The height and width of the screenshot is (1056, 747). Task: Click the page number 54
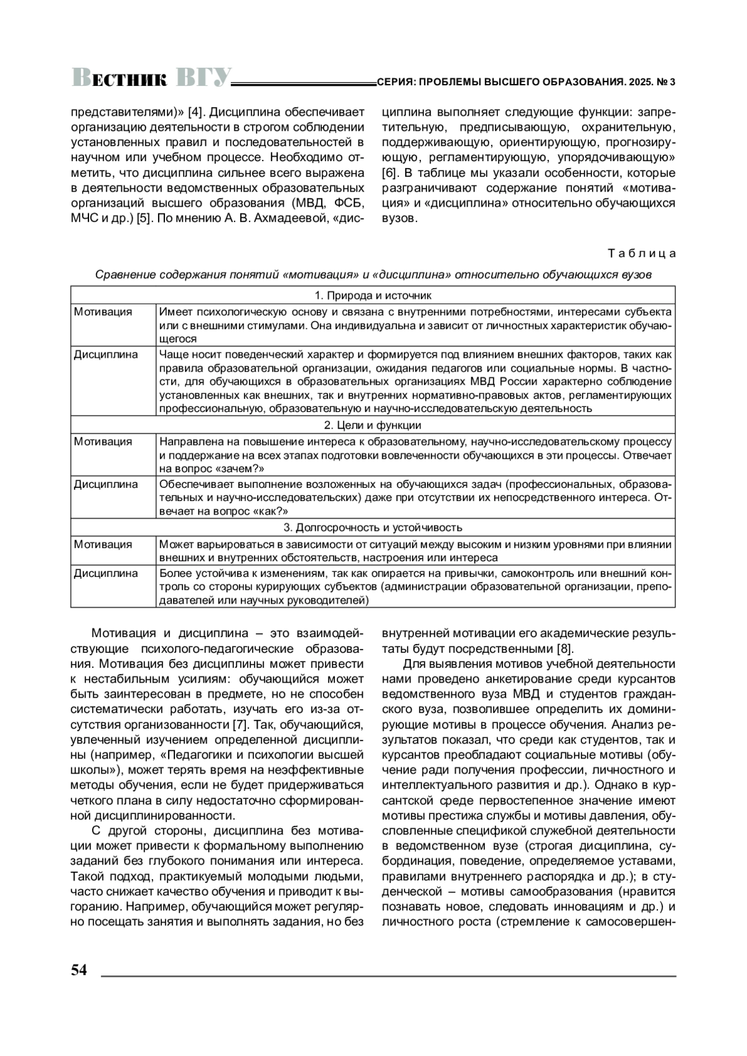click(x=79, y=970)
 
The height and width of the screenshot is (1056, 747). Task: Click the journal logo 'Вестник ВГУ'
click(x=151, y=77)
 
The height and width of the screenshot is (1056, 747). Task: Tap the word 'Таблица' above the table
click(x=641, y=253)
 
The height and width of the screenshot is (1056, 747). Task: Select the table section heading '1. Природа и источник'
click(x=373, y=296)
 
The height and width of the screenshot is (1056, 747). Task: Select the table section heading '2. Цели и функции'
click(x=373, y=426)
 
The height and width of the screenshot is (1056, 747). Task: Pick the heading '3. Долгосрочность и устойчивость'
click(x=373, y=528)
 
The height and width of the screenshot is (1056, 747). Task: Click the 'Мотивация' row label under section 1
click(x=103, y=312)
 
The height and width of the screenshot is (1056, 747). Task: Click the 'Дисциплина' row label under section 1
click(x=106, y=355)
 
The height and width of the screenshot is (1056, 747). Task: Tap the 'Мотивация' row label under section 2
click(x=103, y=442)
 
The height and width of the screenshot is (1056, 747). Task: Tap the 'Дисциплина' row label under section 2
click(x=106, y=485)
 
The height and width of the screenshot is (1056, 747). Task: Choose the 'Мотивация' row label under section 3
click(x=103, y=544)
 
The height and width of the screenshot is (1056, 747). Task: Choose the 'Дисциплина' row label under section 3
click(x=106, y=573)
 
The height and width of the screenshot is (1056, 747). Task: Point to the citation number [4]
click(x=194, y=113)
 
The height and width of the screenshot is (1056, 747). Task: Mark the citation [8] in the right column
click(x=563, y=649)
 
